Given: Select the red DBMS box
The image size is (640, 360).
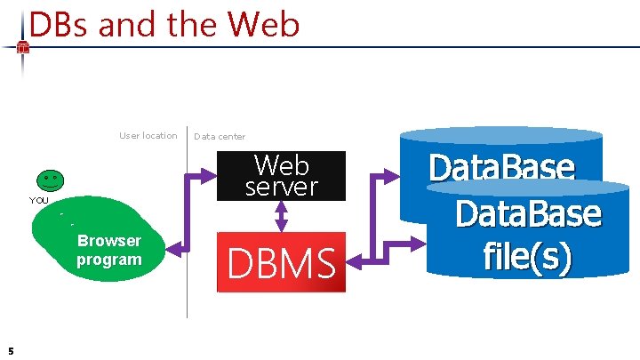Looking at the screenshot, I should pyautogui.click(x=282, y=262).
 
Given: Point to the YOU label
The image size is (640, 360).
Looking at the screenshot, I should pyautogui.click(x=39, y=201).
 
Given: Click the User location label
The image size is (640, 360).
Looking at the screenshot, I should pyautogui.click(x=148, y=136).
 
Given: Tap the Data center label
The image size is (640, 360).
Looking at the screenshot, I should pyautogui.click(x=220, y=137).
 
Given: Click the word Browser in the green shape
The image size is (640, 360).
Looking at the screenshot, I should pyautogui.click(x=108, y=241).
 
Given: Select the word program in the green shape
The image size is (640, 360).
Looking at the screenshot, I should pyautogui.click(x=108, y=260).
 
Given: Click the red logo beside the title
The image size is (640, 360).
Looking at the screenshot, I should pyautogui.click(x=23, y=48).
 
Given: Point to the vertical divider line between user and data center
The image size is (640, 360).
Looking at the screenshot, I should pyautogui.click(x=188, y=222).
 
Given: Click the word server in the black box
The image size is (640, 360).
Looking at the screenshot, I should pyautogui.click(x=281, y=187).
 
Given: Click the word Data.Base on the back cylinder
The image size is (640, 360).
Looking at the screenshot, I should pyautogui.click(x=500, y=168).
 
